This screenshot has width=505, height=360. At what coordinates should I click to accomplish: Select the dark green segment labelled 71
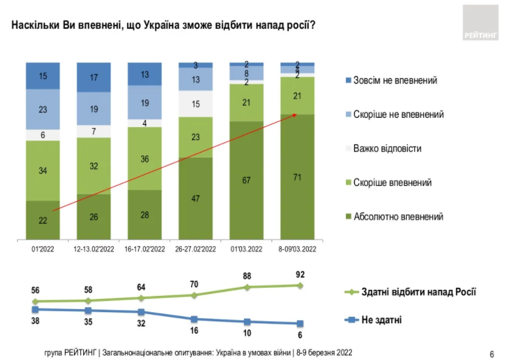coord(298,177)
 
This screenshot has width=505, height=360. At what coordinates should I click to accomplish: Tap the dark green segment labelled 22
coord(43,220)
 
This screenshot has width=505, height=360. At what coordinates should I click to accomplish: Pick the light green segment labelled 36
coord(145,158)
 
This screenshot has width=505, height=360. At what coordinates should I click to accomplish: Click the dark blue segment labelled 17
coord(94,77)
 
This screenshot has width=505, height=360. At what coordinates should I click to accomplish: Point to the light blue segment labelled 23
coord(43,109)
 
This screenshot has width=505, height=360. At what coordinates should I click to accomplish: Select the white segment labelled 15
coord(196,103)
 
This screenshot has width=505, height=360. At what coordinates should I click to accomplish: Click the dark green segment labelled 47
coord(196,198)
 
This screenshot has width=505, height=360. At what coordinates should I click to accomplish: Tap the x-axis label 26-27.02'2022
coord(196,249)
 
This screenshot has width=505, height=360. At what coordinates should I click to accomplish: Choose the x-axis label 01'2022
coord(43,249)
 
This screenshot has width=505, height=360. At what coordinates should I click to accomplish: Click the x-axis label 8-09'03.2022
coord(298,249)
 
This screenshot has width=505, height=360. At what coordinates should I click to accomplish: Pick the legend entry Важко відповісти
coord(387,149)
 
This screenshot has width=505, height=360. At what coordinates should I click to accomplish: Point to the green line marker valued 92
coord(300,285)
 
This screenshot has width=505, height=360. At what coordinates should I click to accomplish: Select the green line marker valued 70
coord(194,295)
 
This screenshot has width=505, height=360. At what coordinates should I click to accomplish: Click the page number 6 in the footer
coord(491,353)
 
